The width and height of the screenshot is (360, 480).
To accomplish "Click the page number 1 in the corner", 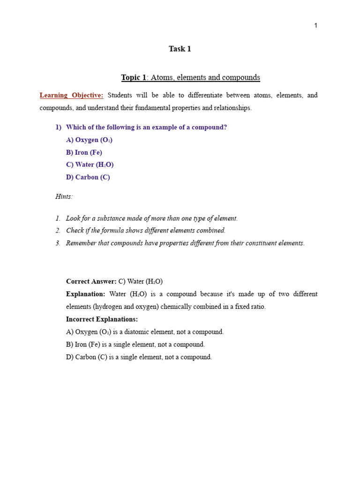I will [x=316, y=25].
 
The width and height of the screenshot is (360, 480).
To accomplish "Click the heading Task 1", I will [x=180, y=49].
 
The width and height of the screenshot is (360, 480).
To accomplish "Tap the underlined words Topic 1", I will [x=134, y=77].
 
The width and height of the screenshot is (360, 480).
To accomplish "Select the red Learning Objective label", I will [x=71, y=95].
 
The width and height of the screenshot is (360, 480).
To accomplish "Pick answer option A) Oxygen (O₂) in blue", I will [x=89, y=140].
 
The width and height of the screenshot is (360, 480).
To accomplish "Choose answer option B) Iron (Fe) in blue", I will [x=84, y=152].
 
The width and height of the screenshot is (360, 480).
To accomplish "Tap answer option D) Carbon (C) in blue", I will [x=88, y=177].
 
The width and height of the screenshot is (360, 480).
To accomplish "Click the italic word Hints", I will [x=64, y=196].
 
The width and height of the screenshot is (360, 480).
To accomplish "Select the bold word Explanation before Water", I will [x=86, y=294].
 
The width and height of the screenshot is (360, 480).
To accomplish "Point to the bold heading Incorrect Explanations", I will [x=102, y=319].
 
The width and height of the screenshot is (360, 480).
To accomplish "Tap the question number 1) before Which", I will [x=59, y=127].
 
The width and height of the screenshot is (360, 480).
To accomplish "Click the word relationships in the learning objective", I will [x=232, y=108].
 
